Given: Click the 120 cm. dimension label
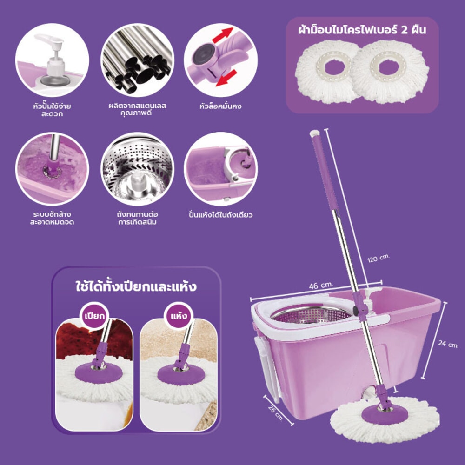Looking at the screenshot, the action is click(x=378, y=258).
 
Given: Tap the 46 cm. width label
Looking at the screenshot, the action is click(x=321, y=286).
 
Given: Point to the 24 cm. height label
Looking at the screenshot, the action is click(x=448, y=344).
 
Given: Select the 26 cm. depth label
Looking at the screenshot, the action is click(x=276, y=413).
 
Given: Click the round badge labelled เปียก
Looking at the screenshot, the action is click(x=94, y=316).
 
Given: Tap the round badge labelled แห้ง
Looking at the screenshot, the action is click(x=179, y=316).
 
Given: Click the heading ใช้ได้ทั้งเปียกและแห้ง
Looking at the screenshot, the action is click(x=136, y=286).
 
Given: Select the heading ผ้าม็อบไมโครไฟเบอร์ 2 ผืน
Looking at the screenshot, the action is click(x=362, y=30).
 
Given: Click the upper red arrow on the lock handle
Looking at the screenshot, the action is click(x=222, y=35).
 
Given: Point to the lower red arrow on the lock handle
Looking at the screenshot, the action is click(x=226, y=78).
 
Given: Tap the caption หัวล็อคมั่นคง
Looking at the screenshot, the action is click(x=220, y=106).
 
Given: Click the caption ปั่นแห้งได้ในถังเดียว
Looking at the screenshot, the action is click(x=220, y=214).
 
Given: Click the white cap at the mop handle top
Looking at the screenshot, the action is click(x=314, y=133).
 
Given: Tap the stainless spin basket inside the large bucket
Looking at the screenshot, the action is click(x=312, y=314).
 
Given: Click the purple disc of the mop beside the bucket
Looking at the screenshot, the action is click(x=385, y=414).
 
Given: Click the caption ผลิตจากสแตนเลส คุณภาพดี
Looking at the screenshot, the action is click(x=137, y=109).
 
